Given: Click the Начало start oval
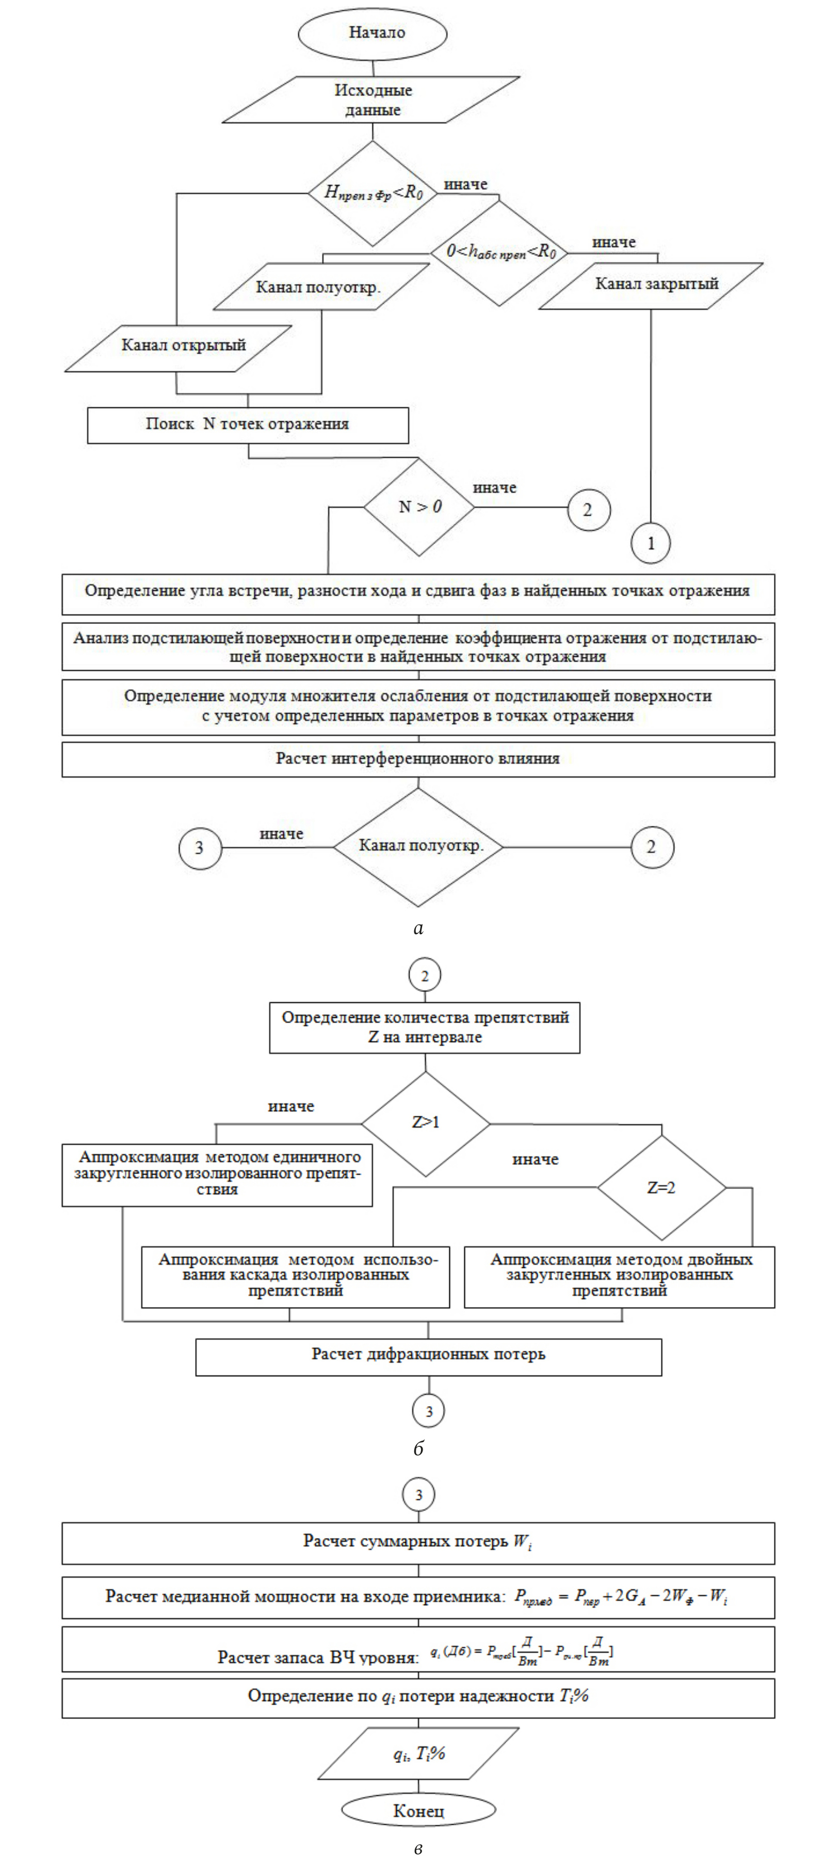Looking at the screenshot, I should [x=373, y=32].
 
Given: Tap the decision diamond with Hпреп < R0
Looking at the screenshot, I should [x=373, y=193].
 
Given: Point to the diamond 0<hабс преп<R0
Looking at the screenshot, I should [x=500, y=252].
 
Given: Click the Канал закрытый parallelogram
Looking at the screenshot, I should [x=651, y=286].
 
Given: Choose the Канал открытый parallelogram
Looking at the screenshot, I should [x=179, y=348].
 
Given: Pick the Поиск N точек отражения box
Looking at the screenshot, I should [x=248, y=425].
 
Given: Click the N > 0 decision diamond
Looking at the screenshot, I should [x=419, y=507].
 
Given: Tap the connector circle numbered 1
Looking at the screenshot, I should [x=650, y=543].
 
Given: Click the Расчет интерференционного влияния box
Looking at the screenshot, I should [x=418, y=759].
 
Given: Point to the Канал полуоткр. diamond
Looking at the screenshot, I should [x=418, y=847].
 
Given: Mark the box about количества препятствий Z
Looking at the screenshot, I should [x=425, y=1027].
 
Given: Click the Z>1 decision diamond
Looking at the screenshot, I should [x=426, y=1122].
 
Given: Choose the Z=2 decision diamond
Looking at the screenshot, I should [x=661, y=1188].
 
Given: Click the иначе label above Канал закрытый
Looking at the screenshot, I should [x=613, y=242].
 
